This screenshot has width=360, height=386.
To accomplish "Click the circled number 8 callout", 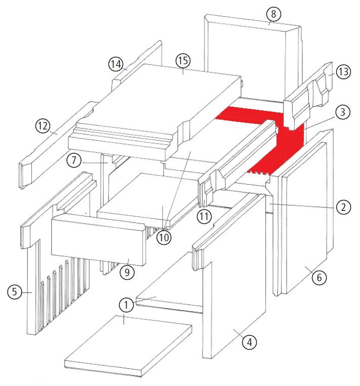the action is point(273,14).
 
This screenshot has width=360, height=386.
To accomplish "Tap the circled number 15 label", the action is point(183,60).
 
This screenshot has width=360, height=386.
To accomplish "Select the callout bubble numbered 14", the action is point(116,64).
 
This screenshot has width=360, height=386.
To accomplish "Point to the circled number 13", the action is point(343,72).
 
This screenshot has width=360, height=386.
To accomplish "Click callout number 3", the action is point(343,112).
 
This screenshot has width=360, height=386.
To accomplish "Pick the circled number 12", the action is point(43,126).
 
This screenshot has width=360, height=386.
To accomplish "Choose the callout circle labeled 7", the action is point(74,160).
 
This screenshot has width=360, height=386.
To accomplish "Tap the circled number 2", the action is point(343,207).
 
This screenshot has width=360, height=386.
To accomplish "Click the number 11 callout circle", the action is point(204,216).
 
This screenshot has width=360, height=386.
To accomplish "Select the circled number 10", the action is point(164,237).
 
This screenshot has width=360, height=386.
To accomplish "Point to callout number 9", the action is point(127,272).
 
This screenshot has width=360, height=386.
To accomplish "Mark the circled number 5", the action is point(15,292).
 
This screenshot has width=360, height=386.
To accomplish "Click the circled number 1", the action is point(126,305).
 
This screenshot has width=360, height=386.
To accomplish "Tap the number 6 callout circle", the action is point(319,277).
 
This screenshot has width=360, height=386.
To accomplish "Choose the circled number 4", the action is point(249,342).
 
